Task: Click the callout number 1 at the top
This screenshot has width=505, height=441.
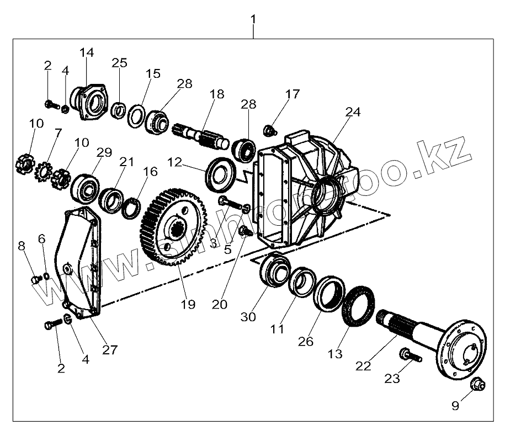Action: [253, 19]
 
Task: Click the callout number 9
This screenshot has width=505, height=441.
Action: [455, 406]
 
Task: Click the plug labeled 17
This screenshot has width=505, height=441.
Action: [269, 130]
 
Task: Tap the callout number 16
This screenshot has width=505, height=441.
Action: [150, 172]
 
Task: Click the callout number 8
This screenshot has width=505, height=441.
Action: [22, 246]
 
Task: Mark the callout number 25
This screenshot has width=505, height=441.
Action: [119, 62]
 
